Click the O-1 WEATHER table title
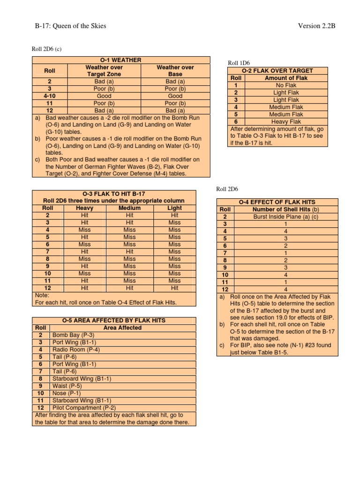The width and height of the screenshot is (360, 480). pos(121,60)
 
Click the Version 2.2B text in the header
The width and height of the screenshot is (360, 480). pos(317,26)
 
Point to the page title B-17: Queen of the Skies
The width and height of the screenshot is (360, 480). pos(70,26)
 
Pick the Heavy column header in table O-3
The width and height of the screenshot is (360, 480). pos(84,208)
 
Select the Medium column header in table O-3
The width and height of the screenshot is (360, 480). pos(129,208)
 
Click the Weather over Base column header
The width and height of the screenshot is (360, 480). pos(175,71)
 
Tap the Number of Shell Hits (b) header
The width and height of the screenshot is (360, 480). pos(285,210)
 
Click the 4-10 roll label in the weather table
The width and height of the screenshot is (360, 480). pos(50,96)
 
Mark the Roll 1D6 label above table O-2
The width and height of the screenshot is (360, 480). pos(240,63)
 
